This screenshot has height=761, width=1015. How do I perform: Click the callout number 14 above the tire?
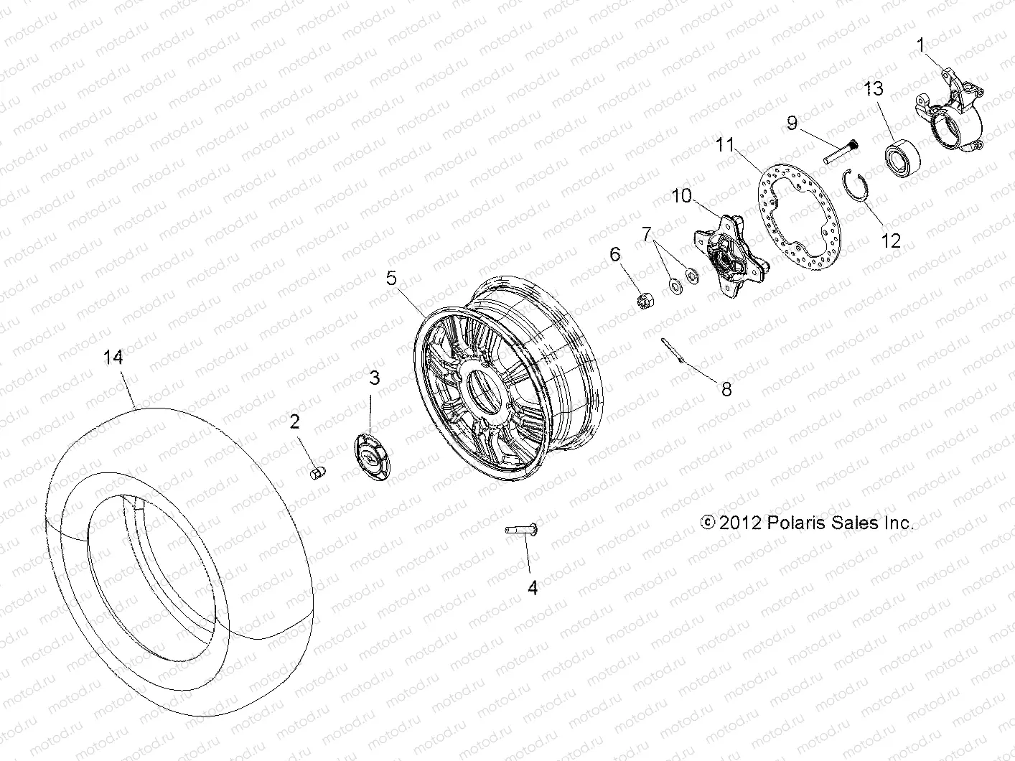(x=113, y=357)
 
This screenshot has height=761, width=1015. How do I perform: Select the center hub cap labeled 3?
(x=373, y=456)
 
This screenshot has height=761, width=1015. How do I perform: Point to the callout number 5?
(x=391, y=278)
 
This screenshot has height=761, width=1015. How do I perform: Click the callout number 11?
(x=725, y=144)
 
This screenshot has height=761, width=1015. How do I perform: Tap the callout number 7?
(x=647, y=234)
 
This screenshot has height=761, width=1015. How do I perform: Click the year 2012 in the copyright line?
(x=739, y=523)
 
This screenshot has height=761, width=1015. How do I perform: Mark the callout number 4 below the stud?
(x=532, y=587)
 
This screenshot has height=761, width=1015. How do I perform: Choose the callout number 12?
(x=890, y=241)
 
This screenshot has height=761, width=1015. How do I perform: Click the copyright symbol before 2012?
(x=708, y=523)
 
